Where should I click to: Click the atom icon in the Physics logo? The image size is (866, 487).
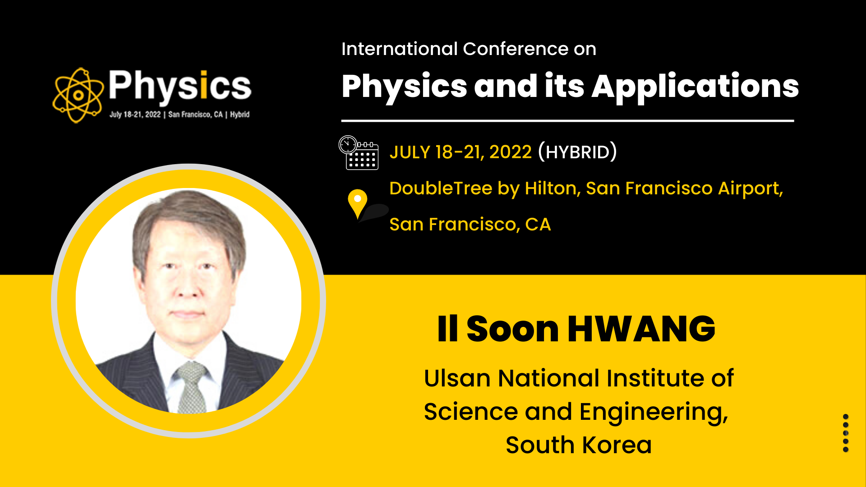click(78, 95)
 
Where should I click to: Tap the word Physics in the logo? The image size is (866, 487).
click(180, 86)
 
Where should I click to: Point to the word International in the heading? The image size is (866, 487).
click(400, 49)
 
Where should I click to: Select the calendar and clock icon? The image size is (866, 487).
click(359, 153)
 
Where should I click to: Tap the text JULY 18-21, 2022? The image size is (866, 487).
click(461, 152)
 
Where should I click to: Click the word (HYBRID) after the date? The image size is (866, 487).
click(577, 152)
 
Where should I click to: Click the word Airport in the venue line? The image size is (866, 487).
click(751, 189)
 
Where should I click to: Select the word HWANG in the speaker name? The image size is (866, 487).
click(641, 329)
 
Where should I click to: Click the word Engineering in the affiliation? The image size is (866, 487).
click(654, 413)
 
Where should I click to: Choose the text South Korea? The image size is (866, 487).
click(579, 445)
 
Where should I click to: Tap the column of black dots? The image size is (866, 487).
click(846, 433)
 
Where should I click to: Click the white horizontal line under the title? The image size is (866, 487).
click(567, 121)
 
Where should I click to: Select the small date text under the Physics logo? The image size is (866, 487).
click(180, 115)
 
